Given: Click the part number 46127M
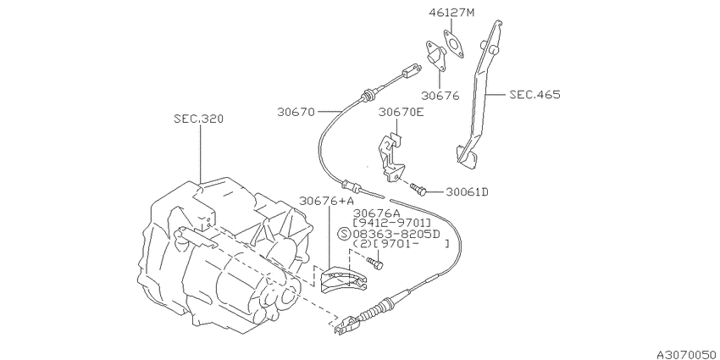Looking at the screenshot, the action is tap(451, 13).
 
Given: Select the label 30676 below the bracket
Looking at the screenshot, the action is tap(440, 96).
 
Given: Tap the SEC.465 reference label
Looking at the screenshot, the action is tap(534, 95).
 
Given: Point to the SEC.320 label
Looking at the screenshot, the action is tap(199, 119).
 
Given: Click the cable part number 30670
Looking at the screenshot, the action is tap(296, 112).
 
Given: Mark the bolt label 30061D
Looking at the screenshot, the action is tap(467, 191).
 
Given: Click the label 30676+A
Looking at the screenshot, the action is tap(326, 201).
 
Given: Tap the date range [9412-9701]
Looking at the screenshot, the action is tap(391, 223).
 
